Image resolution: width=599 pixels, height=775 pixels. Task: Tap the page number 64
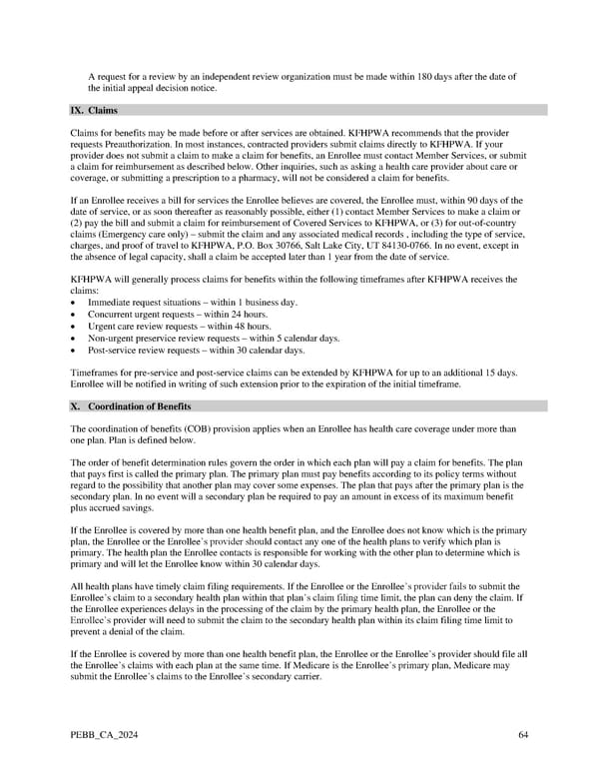523,736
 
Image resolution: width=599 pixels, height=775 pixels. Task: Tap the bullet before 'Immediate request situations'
75,303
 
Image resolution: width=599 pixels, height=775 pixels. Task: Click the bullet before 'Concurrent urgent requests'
75,315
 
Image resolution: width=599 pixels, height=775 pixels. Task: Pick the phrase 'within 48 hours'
240,327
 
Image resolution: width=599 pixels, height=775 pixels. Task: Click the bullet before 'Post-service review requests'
75,351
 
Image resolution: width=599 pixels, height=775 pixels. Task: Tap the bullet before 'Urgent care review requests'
75,327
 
